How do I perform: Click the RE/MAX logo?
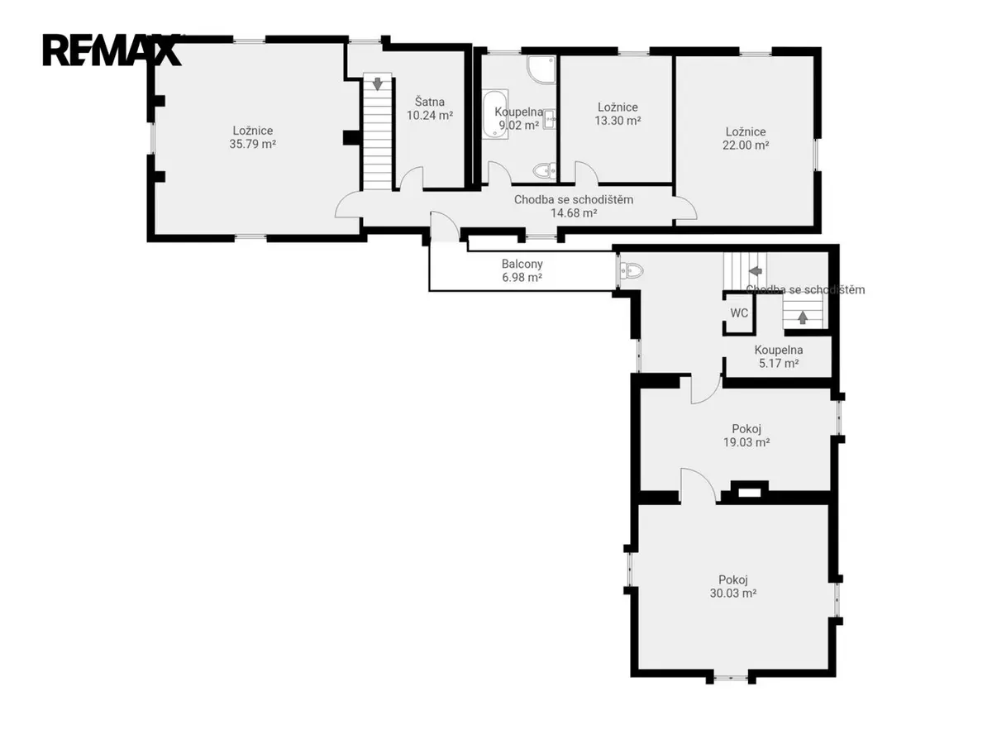click(112, 50)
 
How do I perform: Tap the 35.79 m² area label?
click(253, 144)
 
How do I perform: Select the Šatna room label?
click(429, 102)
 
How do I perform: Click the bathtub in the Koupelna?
click(495, 114)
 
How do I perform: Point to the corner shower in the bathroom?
click(541, 69)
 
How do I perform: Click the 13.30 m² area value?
click(618, 121)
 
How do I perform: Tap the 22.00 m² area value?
click(746, 145)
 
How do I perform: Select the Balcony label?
click(522, 264)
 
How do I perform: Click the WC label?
click(739, 312)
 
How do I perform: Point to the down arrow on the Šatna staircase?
click(377, 83)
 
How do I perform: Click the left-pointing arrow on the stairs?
click(756, 270)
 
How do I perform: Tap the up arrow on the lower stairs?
click(803, 317)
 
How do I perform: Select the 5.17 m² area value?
click(779, 363)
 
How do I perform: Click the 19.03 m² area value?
click(746, 442)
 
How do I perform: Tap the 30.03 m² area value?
click(733, 593)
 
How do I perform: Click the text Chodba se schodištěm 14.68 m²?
click(574, 206)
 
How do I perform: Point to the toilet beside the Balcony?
click(632, 271)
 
